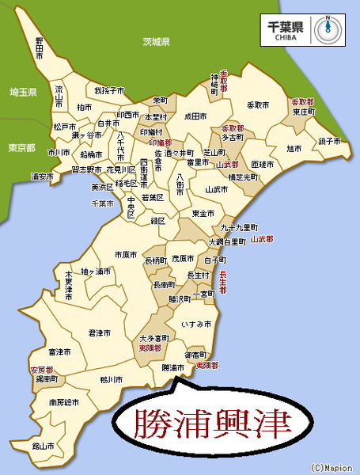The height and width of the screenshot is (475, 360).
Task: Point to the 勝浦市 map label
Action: tap(172, 368)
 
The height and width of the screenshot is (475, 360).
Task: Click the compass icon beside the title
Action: tap(326, 28)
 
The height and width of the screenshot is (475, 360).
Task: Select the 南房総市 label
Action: tap(64, 402)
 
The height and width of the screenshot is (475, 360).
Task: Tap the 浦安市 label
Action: tap(41, 175)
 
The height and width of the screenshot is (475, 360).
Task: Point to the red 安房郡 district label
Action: tap(41, 370)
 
